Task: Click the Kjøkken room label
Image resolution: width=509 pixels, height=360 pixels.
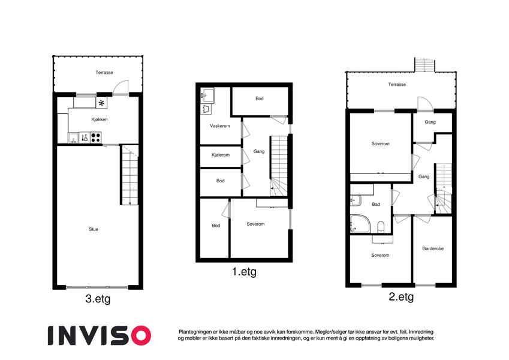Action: point(100,119)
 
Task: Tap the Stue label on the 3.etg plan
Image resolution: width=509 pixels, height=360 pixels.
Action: point(94,229)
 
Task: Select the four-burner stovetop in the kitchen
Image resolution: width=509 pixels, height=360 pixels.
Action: point(96,138)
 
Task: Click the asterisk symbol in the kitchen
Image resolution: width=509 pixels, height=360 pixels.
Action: point(101,103)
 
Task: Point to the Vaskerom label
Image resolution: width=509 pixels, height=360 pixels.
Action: point(220,126)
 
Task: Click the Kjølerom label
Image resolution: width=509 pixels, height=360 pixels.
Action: point(221,155)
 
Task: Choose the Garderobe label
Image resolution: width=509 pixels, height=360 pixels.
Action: point(433,248)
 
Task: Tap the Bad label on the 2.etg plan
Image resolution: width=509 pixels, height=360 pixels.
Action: point(376,205)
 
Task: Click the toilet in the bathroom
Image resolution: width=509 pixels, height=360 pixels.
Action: point(381,227)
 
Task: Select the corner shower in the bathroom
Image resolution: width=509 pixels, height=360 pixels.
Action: point(360,224)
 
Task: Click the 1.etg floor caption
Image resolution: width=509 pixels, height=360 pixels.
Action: point(244,272)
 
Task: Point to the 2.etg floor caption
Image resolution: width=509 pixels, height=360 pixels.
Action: point(401,297)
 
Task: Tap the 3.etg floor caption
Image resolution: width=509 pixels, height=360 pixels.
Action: point(98,299)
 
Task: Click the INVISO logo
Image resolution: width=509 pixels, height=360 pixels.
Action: point(100,335)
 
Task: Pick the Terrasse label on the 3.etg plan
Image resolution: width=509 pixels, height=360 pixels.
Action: point(104,73)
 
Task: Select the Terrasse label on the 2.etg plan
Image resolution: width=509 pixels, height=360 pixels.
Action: point(397,85)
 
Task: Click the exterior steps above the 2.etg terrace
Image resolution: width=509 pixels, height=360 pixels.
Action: point(424,65)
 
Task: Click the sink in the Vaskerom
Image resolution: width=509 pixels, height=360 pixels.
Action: point(207,95)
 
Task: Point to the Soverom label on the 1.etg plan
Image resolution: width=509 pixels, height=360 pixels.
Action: point(255,224)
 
